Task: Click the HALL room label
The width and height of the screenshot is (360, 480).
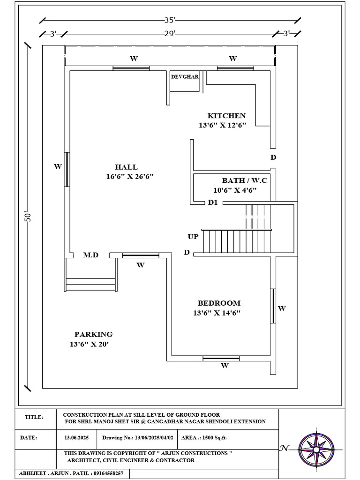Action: (126, 167)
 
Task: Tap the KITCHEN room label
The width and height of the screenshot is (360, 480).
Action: (226, 116)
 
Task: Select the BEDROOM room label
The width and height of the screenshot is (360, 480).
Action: (218, 303)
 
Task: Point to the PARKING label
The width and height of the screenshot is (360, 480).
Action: (93, 335)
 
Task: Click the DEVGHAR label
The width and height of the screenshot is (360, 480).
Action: (185, 76)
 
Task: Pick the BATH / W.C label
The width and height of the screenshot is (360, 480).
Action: (244, 180)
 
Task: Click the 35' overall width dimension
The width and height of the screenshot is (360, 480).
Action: (170, 20)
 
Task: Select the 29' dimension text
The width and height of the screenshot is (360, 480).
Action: (170, 33)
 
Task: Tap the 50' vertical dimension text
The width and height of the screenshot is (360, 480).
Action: (28, 217)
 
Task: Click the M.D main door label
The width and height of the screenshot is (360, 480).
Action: (90, 255)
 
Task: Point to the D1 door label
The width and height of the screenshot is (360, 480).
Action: (213, 203)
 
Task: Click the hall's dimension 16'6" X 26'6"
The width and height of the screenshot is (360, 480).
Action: (130, 176)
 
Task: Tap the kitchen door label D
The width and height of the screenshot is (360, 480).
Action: (273, 157)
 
